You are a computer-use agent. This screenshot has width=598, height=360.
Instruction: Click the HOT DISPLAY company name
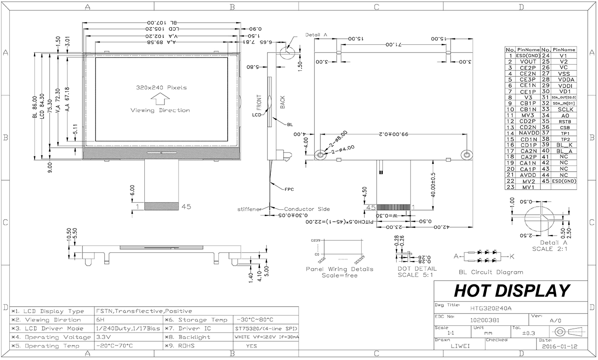[x=511, y=291]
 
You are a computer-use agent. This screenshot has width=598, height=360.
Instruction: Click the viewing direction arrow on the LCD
[x=160, y=99]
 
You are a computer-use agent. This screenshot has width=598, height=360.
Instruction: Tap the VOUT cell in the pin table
[x=528, y=61]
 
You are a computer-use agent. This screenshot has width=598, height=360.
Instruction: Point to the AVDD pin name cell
[x=528, y=175]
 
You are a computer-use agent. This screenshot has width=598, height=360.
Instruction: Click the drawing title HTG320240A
[x=490, y=308]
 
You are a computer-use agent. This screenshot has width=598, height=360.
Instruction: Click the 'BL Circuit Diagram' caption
[x=491, y=272]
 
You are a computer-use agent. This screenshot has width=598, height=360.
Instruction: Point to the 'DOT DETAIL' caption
[x=417, y=269]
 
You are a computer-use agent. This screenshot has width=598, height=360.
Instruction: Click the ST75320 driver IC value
[x=265, y=329]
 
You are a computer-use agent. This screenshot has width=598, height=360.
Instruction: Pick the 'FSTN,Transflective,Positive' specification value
[x=144, y=311]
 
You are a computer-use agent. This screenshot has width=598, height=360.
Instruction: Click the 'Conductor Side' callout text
[x=307, y=209]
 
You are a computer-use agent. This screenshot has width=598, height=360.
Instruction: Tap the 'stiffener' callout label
[x=249, y=209]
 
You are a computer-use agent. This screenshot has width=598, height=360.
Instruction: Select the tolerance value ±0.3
[x=528, y=333]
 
